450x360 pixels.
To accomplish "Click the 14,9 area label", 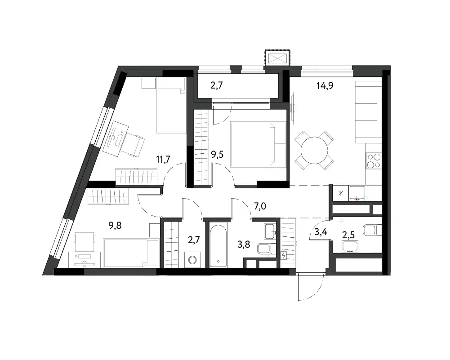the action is point(325,85).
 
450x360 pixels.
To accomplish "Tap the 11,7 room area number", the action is point(163,159).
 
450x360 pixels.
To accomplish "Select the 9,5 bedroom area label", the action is point(217,155).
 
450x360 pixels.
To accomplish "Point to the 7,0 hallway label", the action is point(260,206).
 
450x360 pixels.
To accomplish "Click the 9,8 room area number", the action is point(115,226).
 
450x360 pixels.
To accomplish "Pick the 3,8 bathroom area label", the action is point(244,244).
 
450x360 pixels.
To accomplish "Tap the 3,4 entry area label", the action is point(321,232).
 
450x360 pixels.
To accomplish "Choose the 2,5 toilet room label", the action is point(348,235).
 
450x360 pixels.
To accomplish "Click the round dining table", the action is point(314,151).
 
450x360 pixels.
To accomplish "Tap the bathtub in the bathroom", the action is point(218,244).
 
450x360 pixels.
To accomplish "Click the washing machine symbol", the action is point(192,260).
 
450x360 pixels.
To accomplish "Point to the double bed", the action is point(258,145).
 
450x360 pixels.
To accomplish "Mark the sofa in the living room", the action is point(368,112).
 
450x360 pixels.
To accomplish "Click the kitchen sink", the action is point(357,193).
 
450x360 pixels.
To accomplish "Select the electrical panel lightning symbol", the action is point(284,255).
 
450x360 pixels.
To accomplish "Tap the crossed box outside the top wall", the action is point(277,58).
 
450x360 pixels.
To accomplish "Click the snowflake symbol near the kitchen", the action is point(341,193).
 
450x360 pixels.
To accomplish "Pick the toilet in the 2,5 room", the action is point(372,230).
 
